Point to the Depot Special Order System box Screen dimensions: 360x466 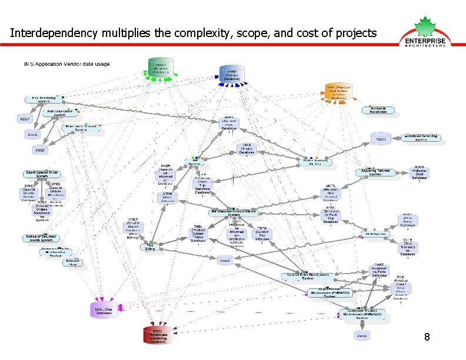pos(42,175)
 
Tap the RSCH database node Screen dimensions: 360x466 pos(381,139)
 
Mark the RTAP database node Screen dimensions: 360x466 pos(25,119)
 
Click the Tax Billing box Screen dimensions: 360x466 pos(151,247)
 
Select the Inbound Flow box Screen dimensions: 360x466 pos(72,262)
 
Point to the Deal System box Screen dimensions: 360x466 pos(376,234)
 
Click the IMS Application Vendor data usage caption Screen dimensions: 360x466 pos(66,64)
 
